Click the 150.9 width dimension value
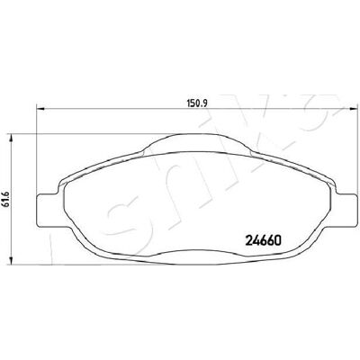pyautogui.click(x=198, y=103)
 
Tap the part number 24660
pyautogui.click(x=264, y=240)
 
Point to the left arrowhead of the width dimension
pyautogui.click(x=40, y=109)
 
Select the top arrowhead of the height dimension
pyautogui.click(x=12, y=139)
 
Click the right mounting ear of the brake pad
pyautogui.click(x=341, y=210)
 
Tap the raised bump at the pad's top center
pyautogui.click(x=196, y=142)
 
